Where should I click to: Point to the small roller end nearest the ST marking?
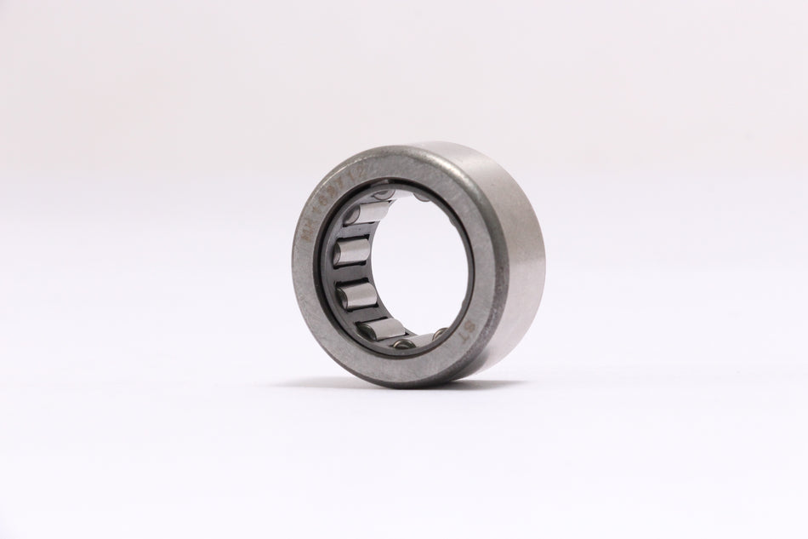pyautogui.click(x=441, y=335)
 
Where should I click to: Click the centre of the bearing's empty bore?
pyautogui.click(x=408, y=264)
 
